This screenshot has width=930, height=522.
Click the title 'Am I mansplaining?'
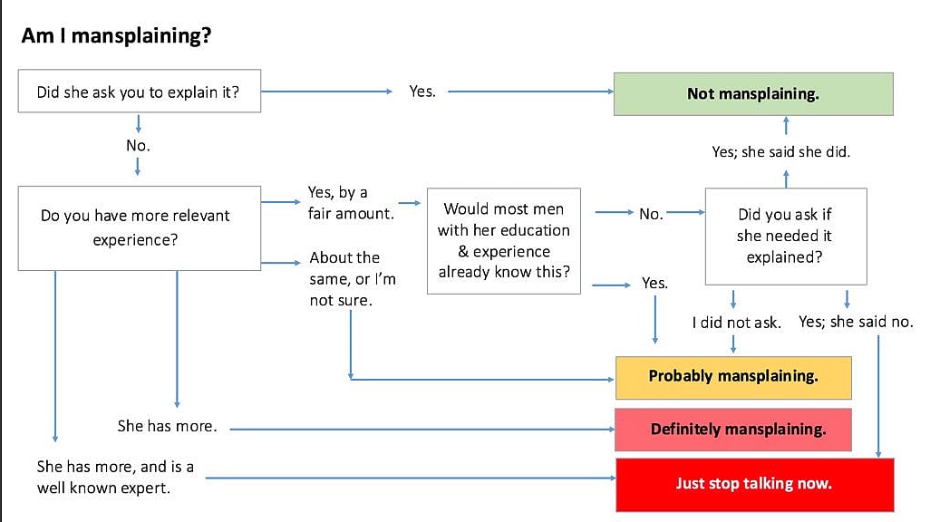coord(117,37)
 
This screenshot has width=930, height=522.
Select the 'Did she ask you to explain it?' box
coord(139,92)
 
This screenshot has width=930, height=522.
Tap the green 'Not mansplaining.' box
coord(752,93)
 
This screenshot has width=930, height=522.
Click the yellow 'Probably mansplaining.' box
coord(733,376)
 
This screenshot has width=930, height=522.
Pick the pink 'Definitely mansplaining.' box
coord(733,429)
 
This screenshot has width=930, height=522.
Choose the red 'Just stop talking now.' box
coord(754,484)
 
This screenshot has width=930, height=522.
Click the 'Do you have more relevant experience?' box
coord(139,228)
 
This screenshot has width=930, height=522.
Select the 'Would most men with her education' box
coord(504,240)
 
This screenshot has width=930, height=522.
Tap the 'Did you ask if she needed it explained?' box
coord(785,236)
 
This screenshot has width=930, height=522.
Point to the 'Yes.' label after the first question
coord(422,92)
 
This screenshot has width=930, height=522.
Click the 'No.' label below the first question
coord(138,144)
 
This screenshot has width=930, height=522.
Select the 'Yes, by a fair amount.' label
coord(338,203)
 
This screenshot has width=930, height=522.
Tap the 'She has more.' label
coord(167,425)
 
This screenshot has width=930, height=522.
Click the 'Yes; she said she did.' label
coord(780,152)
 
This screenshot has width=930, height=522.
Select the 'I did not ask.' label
coord(736,323)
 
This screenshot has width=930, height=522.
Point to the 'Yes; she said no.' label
coord(856,322)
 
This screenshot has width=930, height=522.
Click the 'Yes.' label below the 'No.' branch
coord(654,283)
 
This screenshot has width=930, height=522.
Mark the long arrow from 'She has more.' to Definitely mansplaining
coord(417,427)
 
